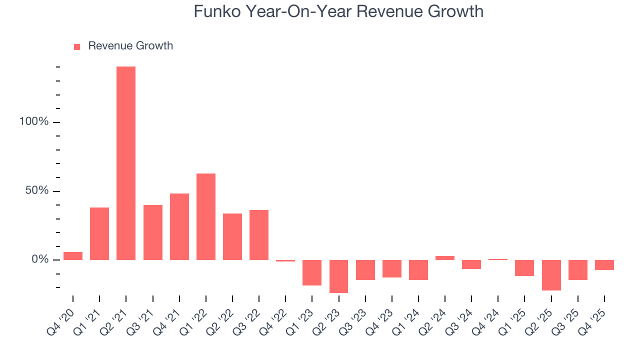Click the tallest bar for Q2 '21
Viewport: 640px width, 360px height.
point(126,163)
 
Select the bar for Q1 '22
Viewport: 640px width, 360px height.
point(206,216)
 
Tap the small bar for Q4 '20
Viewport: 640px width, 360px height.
point(73,256)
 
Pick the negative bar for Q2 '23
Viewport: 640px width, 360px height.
point(338,276)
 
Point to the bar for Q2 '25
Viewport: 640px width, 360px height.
point(551,275)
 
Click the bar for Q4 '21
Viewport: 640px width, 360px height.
point(179,226)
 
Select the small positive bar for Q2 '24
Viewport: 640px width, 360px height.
point(445,258)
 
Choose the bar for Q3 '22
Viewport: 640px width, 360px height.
point(259,234)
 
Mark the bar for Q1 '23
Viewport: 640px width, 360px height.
point(312,272)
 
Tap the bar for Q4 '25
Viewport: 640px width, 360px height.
point(604,265)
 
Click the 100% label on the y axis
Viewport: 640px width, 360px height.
point(34,122)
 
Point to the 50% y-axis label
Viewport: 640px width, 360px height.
point(37,191)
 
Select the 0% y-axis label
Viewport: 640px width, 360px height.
point(39,259)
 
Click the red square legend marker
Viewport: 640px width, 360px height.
point(77,46)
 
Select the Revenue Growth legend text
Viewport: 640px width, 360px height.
point(130,46)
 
